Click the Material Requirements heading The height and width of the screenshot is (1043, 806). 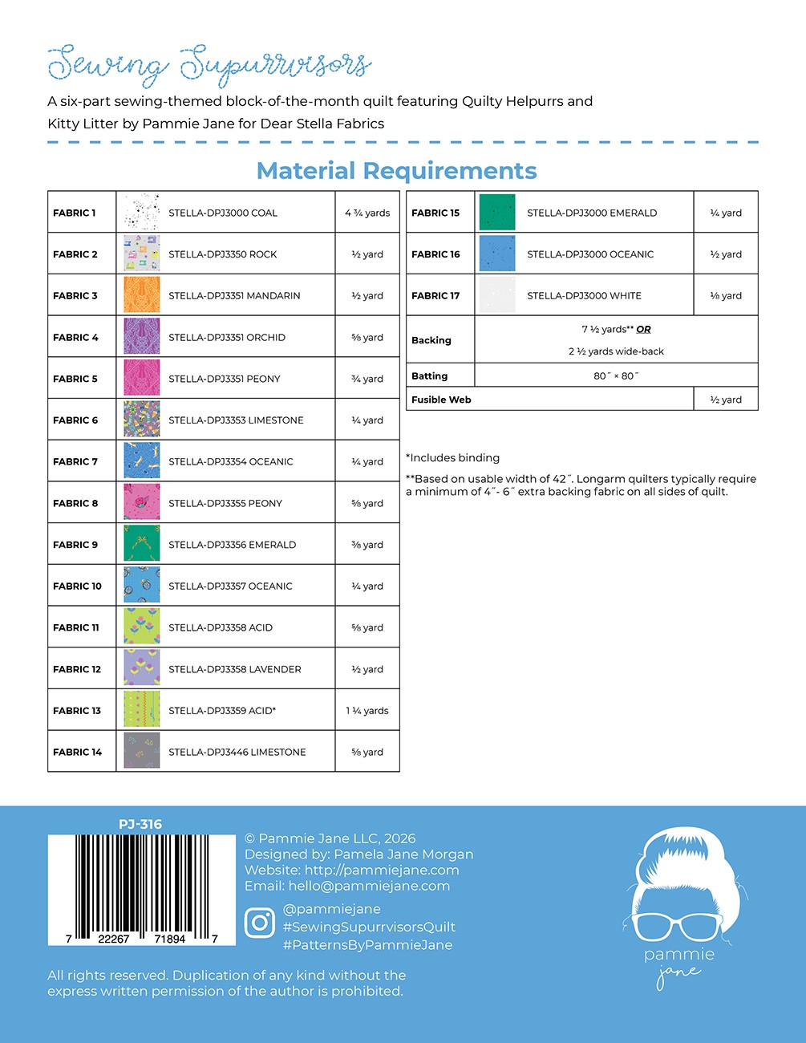[x=396, y=171]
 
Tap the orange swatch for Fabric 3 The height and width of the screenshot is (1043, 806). [x=142, y=295]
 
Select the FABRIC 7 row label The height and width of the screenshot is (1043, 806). [x=75, y=461]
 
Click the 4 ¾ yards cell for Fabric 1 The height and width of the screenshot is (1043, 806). [x=367, y=213]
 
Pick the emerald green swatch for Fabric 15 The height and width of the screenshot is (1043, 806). [x=497, y=213]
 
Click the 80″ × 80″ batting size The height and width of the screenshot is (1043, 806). [x=616, y=375]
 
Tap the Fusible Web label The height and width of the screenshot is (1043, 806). [x=441, y=400]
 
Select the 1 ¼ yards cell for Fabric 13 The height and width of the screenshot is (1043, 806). [x=367, y=711]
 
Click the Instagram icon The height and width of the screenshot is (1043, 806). [x=259, y=923]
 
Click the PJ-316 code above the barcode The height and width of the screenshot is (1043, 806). [x=140, y=824]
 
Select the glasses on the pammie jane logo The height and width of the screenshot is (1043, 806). [x=679, y=926]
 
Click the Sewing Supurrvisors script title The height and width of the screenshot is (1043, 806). [x=209, y=64]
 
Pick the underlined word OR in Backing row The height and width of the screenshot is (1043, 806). [x=643, y=329]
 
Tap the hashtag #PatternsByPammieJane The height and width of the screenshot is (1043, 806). [x=367, y=945]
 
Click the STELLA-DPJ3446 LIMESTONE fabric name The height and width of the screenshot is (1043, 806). [x=237, y=753]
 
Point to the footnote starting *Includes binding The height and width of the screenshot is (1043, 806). [x=453, y=458]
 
